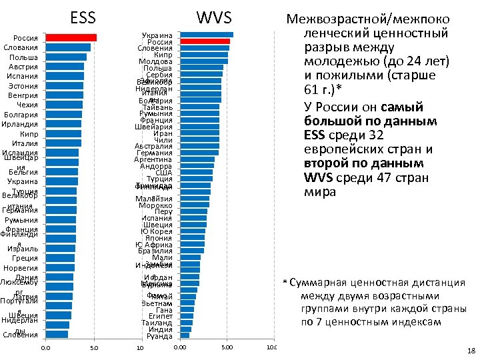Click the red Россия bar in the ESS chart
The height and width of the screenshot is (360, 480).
pos(71,37)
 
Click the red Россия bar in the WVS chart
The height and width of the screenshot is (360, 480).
pos(205,41)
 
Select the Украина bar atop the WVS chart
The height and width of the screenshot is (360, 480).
pos(207,35)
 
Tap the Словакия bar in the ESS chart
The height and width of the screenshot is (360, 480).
pos(68,47)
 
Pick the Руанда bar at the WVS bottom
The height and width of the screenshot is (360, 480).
pos(185,335)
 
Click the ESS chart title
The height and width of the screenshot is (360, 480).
pos(83,17)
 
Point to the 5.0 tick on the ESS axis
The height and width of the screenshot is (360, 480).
pos(93,348)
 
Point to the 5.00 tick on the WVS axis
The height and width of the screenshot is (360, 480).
pos(227,348)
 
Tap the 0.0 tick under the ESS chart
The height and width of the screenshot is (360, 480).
pos(45,348)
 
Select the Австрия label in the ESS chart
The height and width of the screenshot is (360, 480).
pos(25,67)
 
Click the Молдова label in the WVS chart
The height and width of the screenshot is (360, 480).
pos(158,61)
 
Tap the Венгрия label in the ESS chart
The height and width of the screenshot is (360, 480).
pos(25,95)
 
